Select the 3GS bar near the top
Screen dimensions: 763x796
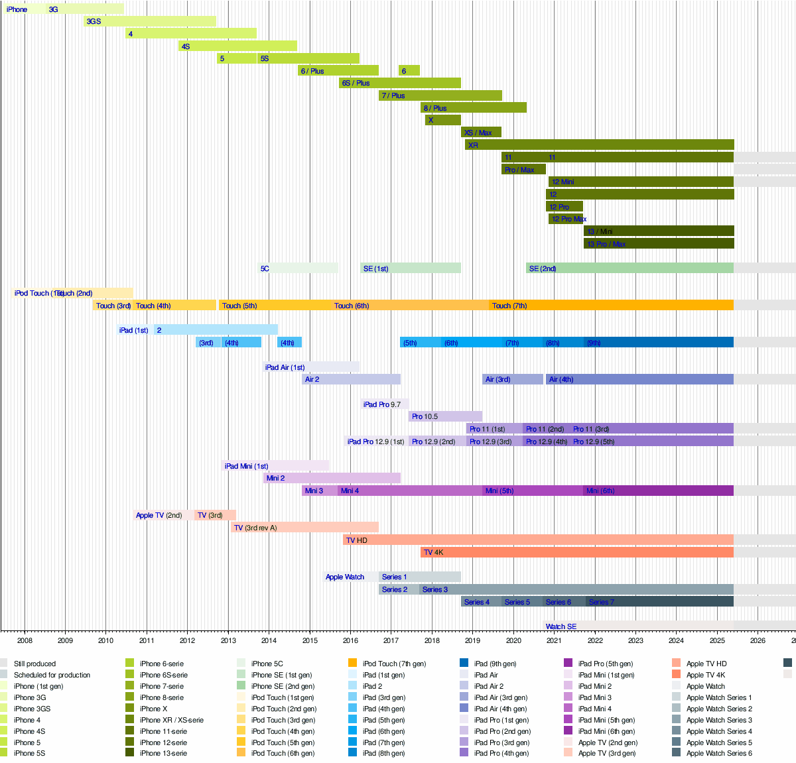pos(150,21)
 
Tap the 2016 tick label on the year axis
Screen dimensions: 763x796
pos(350,640)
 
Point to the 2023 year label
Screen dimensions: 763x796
pos(635,640)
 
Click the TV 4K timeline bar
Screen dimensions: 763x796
pos(576,552)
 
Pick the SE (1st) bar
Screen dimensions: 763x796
pos(411,268)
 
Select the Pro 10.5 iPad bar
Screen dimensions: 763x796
pos(445,416)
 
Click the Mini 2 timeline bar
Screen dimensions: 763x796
pos(332,478)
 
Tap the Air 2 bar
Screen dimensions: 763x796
pos(351,379)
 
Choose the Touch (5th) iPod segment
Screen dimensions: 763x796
pos(275,306)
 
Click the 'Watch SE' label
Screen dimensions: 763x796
pos(561,626)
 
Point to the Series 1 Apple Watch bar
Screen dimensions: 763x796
pos(419,577)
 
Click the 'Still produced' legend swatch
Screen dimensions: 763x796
pos(4,664)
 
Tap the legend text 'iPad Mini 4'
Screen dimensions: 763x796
pos(594,709)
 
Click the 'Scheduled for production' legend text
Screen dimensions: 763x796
pos(52,675)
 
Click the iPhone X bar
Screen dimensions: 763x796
pos(442,120)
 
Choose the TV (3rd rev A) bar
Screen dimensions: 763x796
pos(304,528)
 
